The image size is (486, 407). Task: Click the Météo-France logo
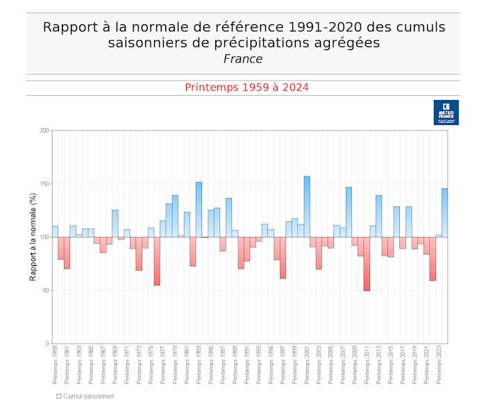point(446,113)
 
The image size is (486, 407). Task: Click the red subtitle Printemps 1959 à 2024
point(246,88)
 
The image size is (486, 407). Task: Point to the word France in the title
point(243,59)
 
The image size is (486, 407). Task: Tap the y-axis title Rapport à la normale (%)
point(33,237)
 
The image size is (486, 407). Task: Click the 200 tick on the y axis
point(44,131)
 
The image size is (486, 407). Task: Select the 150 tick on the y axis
point(44,184)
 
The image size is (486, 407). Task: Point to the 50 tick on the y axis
point(46,290)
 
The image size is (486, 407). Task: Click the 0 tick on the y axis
point(48,344)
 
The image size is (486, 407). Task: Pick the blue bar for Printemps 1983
point(199,209)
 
